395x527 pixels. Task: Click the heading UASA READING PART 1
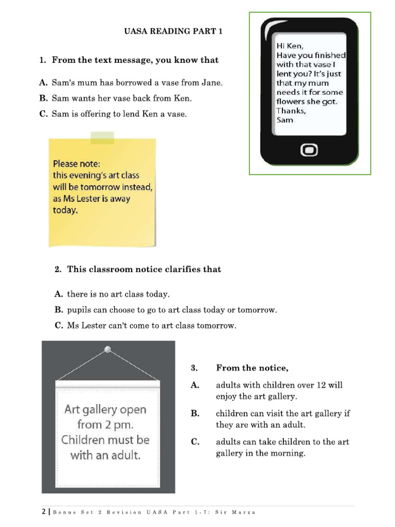[x=173, y=31]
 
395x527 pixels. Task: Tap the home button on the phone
[x=309, y=150]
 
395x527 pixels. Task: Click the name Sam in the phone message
[x=285, y=120]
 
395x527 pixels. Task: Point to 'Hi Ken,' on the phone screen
[x=290, y=45]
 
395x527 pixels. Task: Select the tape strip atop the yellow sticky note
[x=102, y=137]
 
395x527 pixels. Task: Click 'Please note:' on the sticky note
[x=77, y=164]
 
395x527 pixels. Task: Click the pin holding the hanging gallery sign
[x=107, y=349]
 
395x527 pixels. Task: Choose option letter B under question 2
[x=59, y=310]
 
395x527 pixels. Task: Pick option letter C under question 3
[x=195, y=442]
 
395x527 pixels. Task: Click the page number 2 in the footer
[x=43, y=512]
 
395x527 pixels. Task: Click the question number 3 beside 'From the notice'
[x=194, y=367]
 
